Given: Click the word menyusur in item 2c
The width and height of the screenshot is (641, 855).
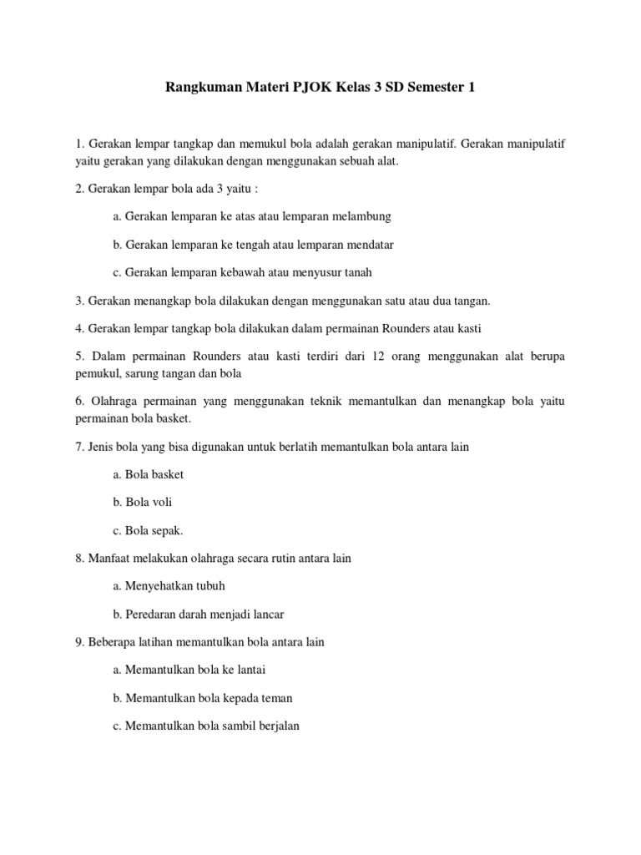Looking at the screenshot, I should point(311,272).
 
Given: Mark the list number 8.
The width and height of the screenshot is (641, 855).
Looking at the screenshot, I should point(79,558).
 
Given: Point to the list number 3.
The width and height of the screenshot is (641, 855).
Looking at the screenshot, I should point(79,301).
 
